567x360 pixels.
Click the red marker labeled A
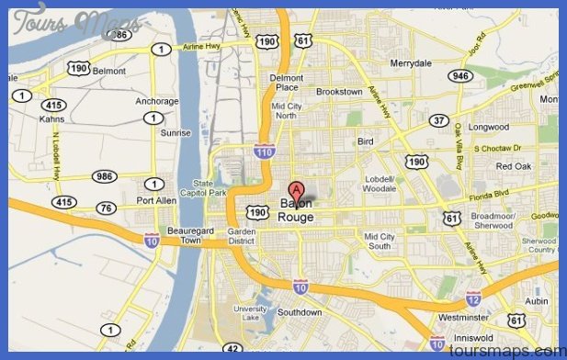[296, 189]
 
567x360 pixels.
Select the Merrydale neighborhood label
[410, 63]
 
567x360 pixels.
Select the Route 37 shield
[440, 120]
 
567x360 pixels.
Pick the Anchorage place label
[156, 102]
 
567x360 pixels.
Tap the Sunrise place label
[176, 133]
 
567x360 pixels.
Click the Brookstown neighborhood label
[338, 92]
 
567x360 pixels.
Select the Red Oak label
[514, 165]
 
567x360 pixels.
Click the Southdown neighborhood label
[300, 312]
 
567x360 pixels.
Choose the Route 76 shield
[106, 208]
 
